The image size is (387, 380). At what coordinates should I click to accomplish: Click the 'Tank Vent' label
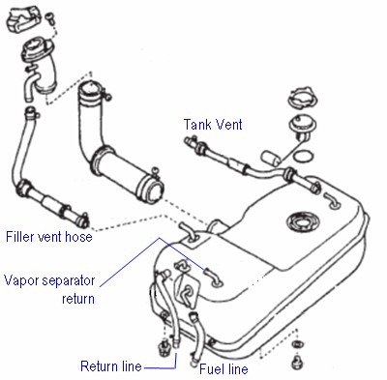213,125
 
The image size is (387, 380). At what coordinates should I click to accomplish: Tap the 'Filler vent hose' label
49,237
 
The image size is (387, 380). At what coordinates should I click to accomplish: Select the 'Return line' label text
111,366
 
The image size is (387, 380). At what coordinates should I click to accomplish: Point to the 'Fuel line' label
223,368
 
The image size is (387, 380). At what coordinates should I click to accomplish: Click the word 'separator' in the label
69,281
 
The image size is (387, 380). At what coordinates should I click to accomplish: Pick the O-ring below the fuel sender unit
304,157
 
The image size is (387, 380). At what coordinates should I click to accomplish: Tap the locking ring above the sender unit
302,97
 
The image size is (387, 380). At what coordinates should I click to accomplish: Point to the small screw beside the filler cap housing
50,17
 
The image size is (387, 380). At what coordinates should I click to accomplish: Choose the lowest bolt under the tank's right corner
297,363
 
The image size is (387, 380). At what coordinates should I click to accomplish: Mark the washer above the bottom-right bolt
296,344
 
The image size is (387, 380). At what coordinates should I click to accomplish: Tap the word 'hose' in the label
78,237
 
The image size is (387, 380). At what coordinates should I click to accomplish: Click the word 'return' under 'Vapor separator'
78,299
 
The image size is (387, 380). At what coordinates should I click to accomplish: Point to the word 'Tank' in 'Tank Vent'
198,125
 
